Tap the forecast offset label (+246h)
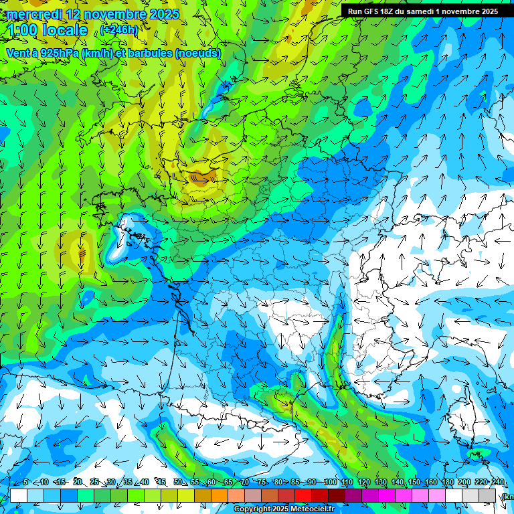[x=120, y=29]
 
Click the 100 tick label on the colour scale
[x=330, y=483]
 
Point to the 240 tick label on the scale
[x=497, y=483]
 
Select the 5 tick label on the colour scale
[x=25, y=483]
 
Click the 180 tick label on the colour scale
[x=447, y=483]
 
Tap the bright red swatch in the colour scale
[x=303, y=495]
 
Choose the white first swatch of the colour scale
[x=19, y=495]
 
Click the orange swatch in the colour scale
[x=220, y=495]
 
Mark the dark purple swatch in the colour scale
[x=353, y=495]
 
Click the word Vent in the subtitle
[x=17, y=53]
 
